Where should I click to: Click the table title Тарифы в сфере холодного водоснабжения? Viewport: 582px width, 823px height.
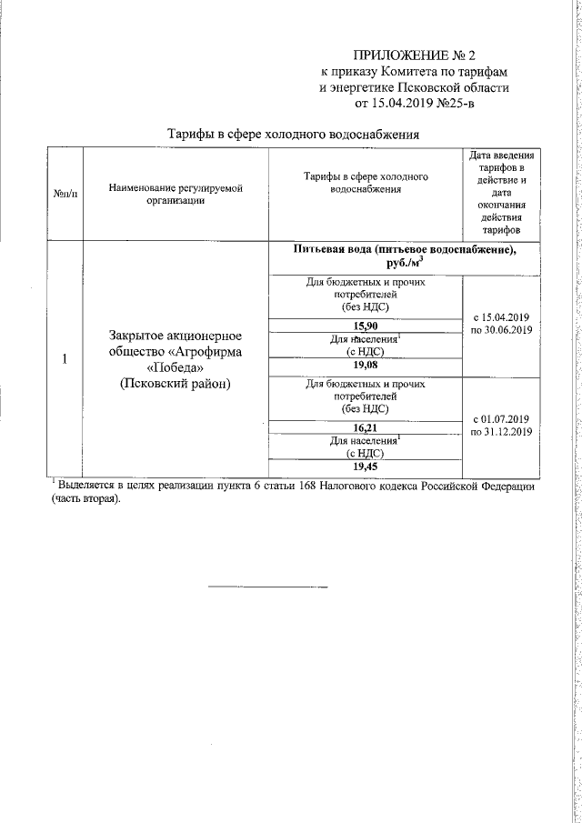[x=294, y=135]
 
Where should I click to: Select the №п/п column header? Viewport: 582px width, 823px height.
[x=65, y=195]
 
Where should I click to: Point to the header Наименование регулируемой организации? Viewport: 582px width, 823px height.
[x=176, y=195]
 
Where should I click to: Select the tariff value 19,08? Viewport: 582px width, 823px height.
[x=366, y=366]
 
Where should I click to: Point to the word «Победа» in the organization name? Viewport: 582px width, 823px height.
[x=176, y=367]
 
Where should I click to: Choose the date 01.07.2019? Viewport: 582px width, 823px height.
[x=505, y=418]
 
